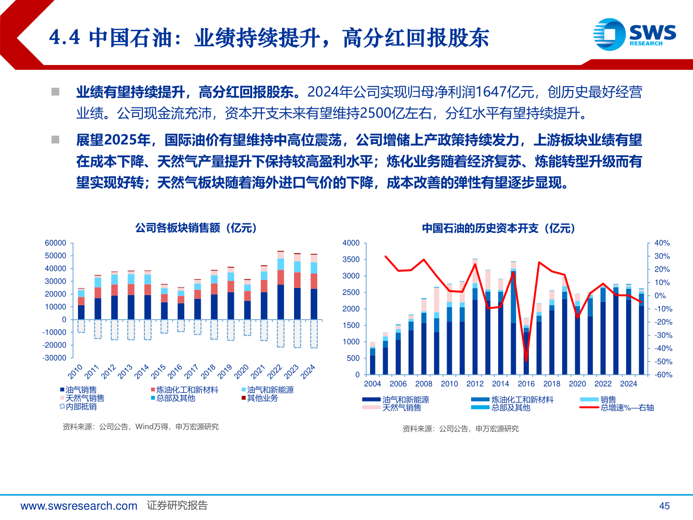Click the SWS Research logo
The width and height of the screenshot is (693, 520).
click(634, 34)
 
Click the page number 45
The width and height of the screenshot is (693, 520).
click(664, 506)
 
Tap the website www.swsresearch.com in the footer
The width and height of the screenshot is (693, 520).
click(79, 506)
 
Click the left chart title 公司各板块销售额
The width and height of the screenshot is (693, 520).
click(196, 228)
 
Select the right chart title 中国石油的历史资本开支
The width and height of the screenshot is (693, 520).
click(499, 228)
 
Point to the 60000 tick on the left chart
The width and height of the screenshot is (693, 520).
click(55, 243)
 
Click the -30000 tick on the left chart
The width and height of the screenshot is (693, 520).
click(54, 358)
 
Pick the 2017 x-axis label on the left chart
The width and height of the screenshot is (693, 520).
click(192, 371)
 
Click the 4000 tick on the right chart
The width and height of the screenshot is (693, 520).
click(351, 243)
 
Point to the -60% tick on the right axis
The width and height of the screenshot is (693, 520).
click(663, 375)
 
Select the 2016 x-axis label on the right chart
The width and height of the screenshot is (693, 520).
click(526, 384)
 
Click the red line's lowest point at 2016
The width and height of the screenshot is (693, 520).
click(526, 360)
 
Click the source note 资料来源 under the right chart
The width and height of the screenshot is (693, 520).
click(461, 429)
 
